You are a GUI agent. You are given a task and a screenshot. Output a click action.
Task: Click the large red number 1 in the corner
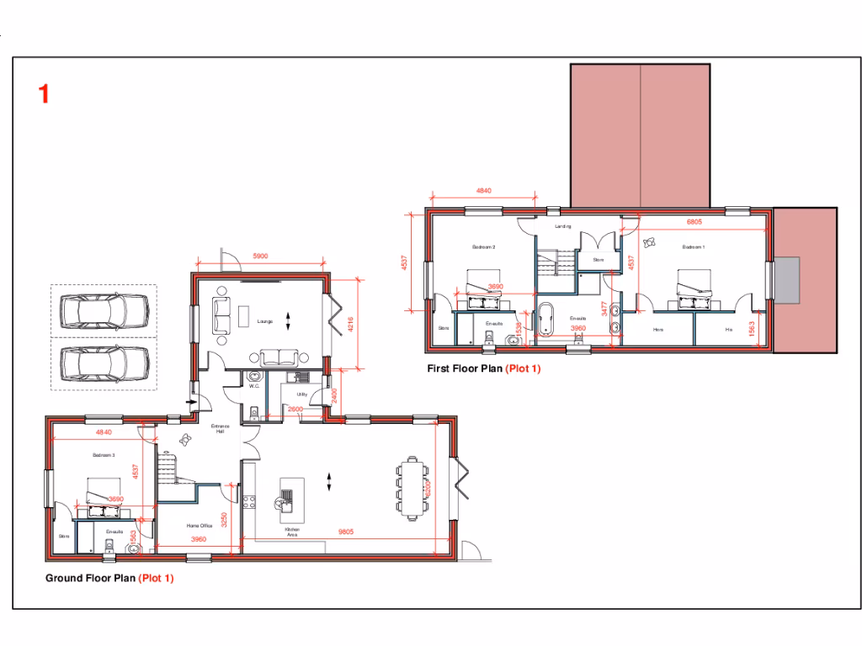(43, 93)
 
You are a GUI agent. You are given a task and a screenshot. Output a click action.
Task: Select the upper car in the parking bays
(104, 311)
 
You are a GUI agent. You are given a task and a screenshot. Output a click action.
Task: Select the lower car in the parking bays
(104, 363)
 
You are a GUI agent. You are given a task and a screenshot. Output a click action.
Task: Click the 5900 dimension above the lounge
(260, 257)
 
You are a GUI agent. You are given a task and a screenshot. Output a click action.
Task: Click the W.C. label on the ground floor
(253, 386)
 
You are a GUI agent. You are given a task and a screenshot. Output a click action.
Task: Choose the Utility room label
(301, 394)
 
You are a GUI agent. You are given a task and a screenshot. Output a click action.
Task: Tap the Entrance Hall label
(219, 429)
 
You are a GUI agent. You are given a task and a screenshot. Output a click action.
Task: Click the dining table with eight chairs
(412, 489)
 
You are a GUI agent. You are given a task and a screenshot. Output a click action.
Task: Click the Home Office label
(199, 526)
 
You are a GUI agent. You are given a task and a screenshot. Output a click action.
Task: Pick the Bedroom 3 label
(104, 454)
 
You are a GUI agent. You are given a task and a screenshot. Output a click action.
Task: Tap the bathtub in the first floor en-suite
(548, 320)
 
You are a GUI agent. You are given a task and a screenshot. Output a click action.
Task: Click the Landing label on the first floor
(563, 227)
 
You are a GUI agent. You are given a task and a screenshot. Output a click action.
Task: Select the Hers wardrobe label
(658, 330)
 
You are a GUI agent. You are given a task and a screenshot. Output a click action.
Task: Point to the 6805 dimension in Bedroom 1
(694, 222)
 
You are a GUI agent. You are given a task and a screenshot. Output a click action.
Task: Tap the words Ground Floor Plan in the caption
(90, 578)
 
